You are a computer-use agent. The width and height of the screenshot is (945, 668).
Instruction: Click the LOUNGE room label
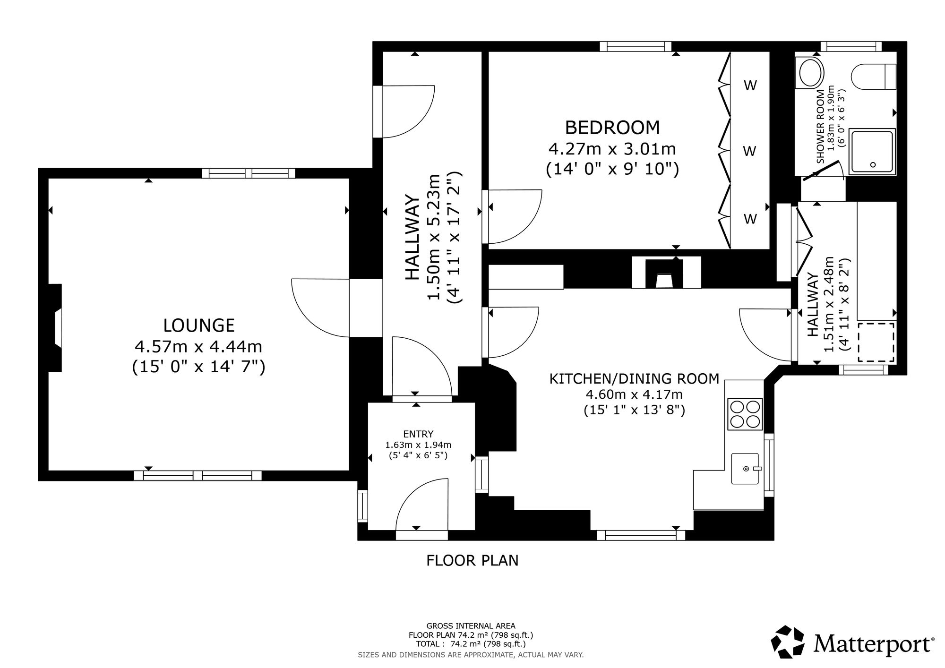198,325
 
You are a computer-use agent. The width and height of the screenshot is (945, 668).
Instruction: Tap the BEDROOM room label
612,128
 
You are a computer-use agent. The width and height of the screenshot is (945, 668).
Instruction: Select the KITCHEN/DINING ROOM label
634,378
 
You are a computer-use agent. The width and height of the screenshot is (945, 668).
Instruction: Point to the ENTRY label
418,434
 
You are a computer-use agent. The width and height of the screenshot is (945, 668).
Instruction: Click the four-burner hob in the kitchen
745,414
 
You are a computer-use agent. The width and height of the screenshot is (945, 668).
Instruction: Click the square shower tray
872,152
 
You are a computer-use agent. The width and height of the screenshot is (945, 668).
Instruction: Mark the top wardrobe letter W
750,86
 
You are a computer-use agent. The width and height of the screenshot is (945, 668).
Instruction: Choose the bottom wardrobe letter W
750,219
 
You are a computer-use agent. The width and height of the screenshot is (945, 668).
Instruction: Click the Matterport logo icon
788,641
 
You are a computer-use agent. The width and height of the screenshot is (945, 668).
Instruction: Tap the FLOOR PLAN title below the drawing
472,560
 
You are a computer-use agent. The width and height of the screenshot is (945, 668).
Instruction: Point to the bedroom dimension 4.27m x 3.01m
612,149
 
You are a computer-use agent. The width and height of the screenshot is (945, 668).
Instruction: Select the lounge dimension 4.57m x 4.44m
198,347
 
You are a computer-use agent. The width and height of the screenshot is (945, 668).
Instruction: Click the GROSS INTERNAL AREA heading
471,626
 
